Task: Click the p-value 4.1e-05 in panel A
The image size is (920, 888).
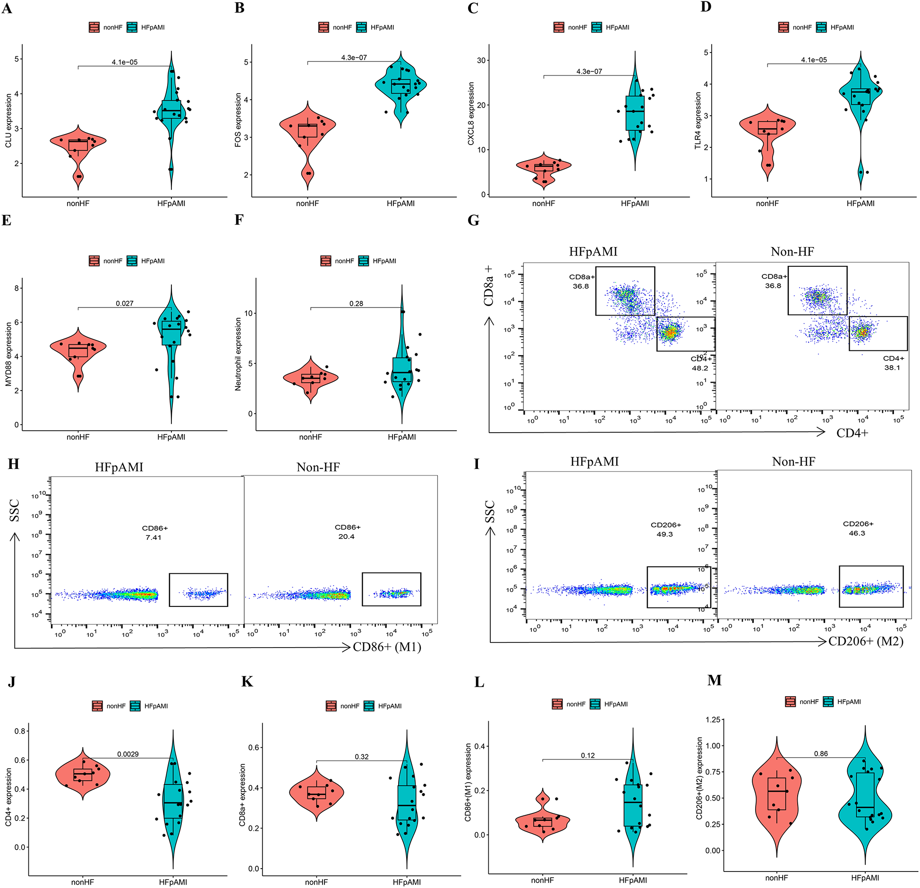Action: click(125, 62)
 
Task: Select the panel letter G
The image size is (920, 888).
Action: click(473, 221)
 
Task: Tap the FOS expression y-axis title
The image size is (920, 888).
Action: click(238, 120)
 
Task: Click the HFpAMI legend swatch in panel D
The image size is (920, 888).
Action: click(821, 27)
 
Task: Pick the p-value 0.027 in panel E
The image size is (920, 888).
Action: click(125, 303)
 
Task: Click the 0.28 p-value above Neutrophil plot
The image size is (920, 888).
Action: click(356, 303)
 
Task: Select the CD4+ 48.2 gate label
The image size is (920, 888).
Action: click(700, 364)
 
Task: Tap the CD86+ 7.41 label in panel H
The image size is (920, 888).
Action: click(154, 532)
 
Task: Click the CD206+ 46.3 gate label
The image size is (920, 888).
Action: click(858, 528)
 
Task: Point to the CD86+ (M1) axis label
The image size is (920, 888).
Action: click(387, 647)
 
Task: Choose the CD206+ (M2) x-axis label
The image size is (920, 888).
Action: click(866, 641)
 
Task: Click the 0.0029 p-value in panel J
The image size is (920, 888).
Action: click(128, 754)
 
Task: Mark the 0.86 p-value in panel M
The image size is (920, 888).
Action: click(821, 754)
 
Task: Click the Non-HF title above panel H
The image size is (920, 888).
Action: click(318, 467)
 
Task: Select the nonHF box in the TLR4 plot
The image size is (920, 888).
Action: click(767, 128)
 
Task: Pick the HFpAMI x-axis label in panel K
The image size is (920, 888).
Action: click(407, 882)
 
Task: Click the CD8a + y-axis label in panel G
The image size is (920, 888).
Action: click(488, 285)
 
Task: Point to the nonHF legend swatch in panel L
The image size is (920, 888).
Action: click(557, 704)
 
